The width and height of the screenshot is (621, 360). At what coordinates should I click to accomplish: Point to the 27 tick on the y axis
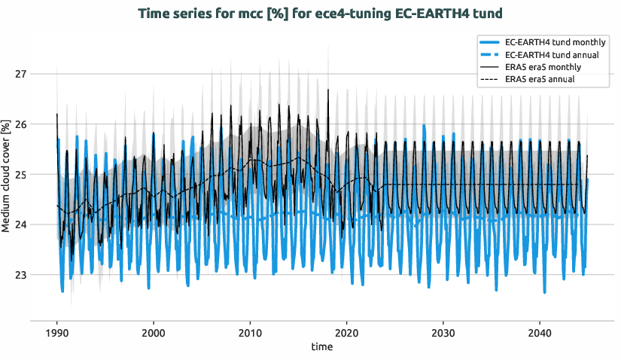[20, 74]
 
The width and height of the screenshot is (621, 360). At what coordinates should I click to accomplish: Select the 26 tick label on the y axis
[20, 124]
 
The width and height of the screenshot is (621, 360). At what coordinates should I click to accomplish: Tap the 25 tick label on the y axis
[20, 175]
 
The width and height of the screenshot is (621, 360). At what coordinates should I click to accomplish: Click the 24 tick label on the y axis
[20, 224]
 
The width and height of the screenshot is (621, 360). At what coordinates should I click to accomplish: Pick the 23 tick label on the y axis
[20, 275]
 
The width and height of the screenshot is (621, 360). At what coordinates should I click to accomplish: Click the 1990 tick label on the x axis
[56, 333]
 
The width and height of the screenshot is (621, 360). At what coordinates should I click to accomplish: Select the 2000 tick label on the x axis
[154, 333]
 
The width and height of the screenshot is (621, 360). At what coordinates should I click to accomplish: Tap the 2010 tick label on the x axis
[250, 333]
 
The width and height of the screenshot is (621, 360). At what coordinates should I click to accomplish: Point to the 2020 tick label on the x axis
[346, 333]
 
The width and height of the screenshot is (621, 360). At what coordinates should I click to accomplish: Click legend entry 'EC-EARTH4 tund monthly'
[552, 43]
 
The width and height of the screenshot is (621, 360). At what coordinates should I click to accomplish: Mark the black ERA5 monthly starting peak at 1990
[56, 114]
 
